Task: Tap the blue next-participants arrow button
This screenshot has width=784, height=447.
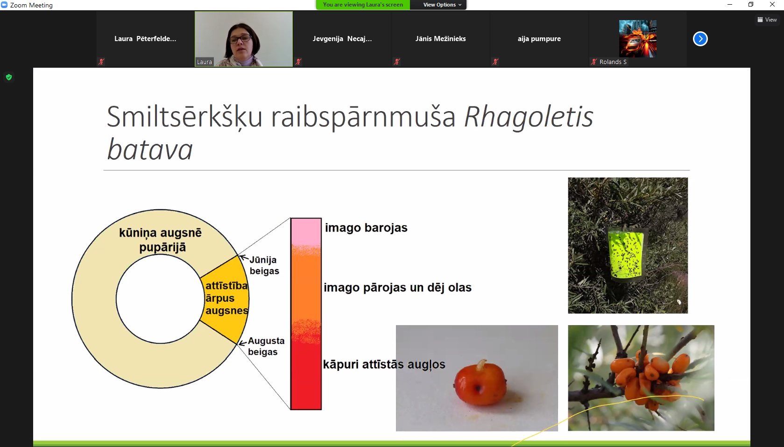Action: pos(700,38)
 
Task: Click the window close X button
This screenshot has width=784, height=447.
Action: pos(772,5)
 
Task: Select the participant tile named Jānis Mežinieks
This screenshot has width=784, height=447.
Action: pos(440,38)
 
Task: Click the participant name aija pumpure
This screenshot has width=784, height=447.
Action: pos(539,38)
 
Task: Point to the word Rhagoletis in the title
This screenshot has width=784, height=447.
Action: pos(529,117)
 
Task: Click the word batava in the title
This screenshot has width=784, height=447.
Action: pos(150,149)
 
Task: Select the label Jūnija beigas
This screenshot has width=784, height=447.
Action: pos(264,265)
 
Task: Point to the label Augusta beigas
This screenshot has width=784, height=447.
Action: pos(266,346)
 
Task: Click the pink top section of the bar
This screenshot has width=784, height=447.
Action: pos(306,232)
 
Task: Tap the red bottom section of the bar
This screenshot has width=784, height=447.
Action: pos(306,376)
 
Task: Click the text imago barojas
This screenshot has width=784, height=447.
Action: pos(366,227)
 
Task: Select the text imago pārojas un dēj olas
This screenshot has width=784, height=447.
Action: pos(397,287)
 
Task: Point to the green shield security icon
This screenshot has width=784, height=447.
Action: pos(9,77)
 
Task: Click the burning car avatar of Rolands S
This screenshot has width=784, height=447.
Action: pos(638,38)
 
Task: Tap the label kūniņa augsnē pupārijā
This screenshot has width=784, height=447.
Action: pos(161,240)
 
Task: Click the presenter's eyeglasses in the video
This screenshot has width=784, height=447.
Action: pos(240,38)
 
